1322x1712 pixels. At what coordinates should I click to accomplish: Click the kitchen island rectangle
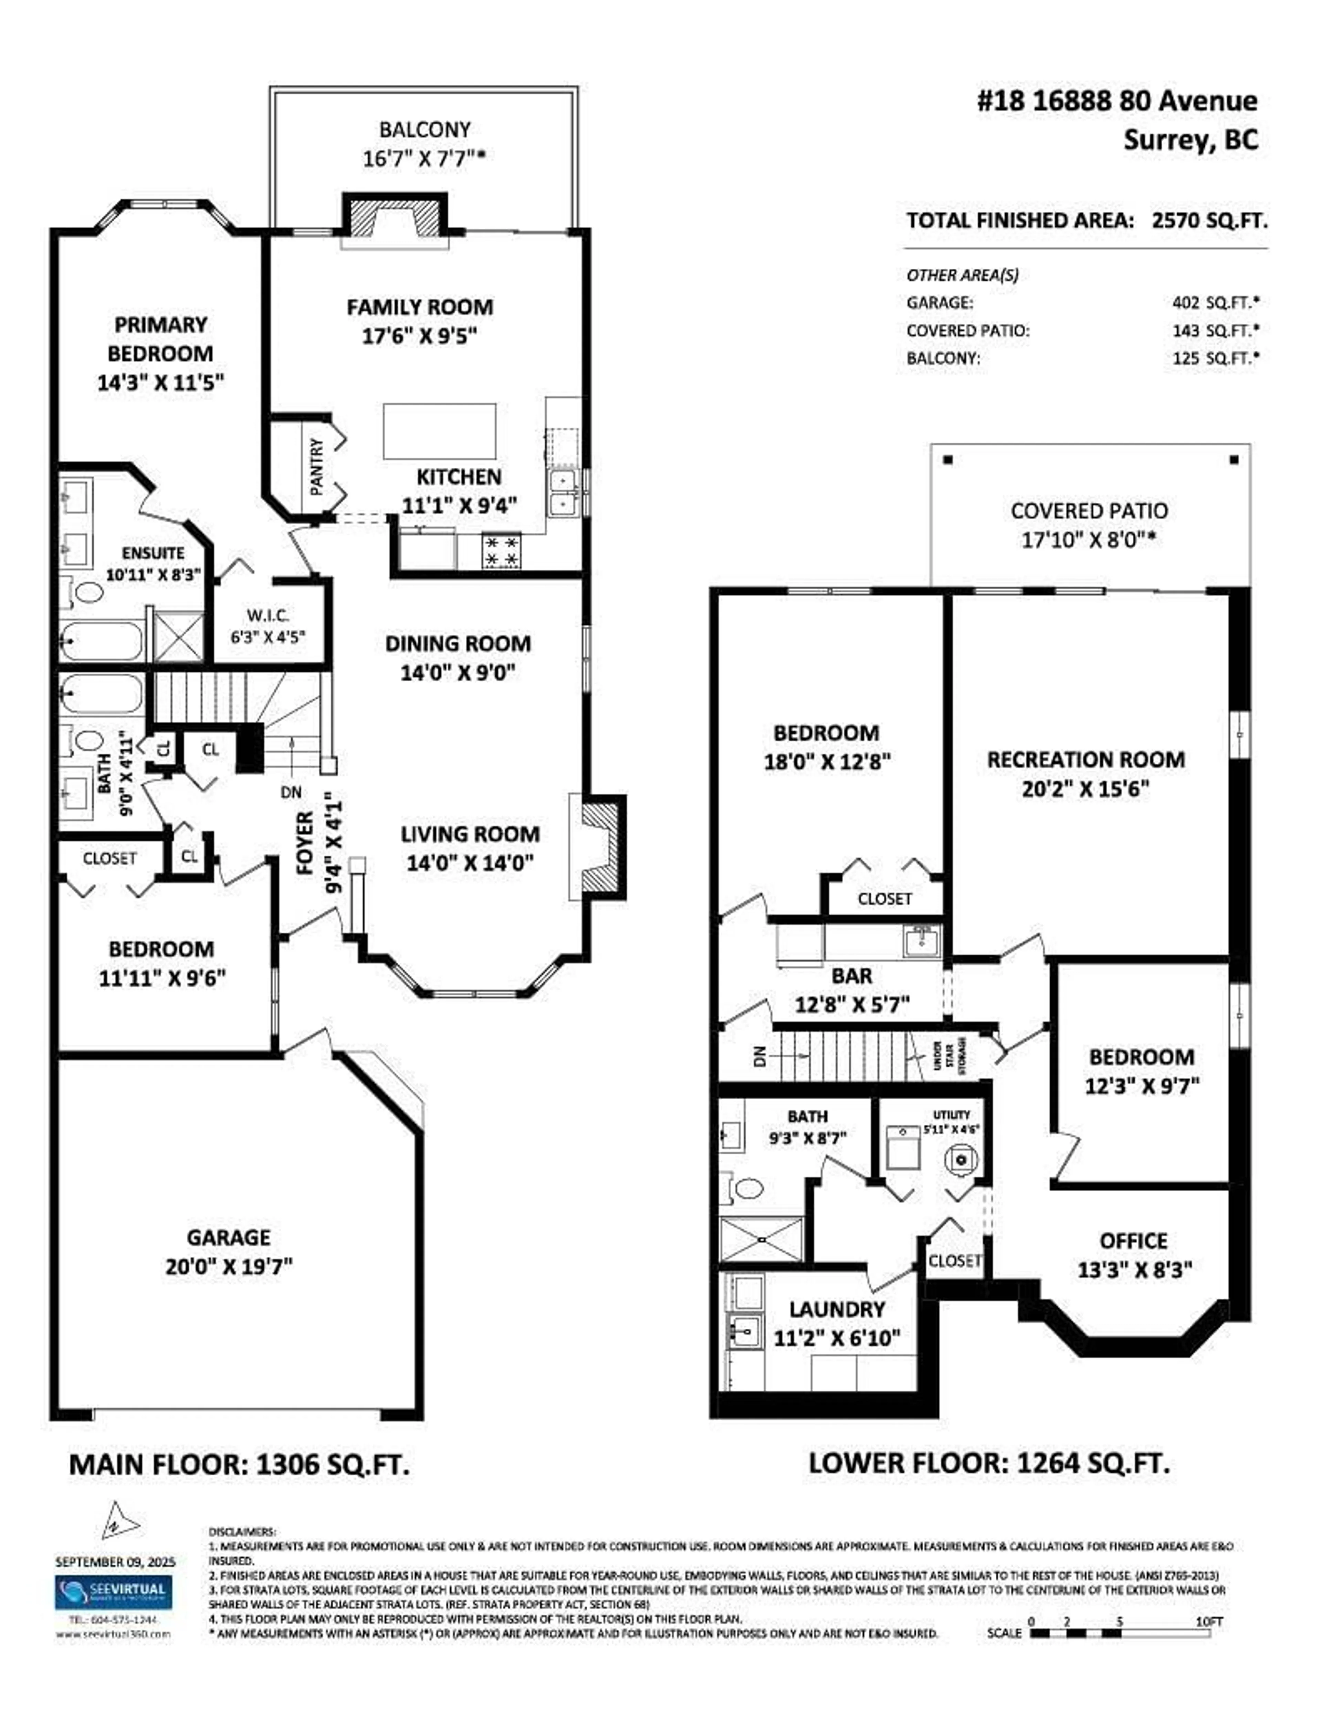click(x=439, y=431)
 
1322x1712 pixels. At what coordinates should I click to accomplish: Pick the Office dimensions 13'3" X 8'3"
click(x=1134, y=1270)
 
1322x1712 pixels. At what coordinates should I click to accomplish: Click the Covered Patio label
click(x=1089, y=511)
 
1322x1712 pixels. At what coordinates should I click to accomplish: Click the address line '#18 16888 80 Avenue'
click(x=1117, y=101)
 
